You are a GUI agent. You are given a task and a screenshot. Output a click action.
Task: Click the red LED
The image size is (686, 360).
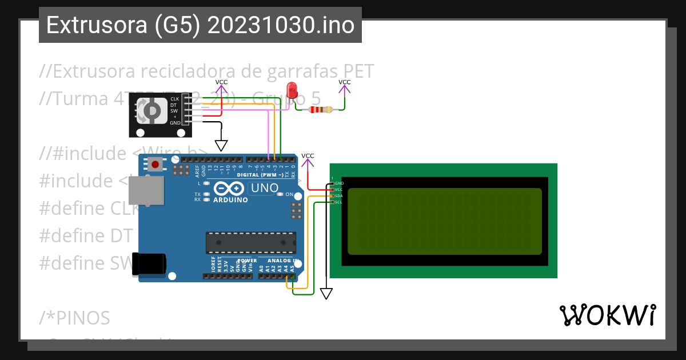(x=292, y=90)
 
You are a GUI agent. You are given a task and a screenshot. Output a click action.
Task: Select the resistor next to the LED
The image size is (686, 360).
(x=321, y=110)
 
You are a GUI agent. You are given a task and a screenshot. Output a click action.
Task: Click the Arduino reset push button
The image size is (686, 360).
(x=155, y=166)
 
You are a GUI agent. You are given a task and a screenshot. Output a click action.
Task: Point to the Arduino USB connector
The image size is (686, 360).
(x=145, y=190)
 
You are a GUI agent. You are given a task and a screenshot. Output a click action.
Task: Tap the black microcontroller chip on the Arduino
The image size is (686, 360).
(x=251, y=242)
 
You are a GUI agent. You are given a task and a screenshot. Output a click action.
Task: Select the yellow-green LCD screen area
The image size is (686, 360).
(x=444, y=221)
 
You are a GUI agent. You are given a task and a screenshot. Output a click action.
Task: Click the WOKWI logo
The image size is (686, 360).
(x=607, y=315)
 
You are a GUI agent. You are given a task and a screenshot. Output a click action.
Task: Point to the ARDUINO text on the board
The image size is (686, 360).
(x=230, y=200)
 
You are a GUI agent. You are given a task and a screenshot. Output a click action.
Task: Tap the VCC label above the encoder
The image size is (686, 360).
(x=221, y=82)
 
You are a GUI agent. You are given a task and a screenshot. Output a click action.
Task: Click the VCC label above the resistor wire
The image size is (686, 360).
(x=345, y=82)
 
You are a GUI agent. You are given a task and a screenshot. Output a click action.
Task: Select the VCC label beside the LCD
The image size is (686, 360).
(x=308, y=156)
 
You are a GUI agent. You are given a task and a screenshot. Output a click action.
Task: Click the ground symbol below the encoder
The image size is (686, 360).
(x=221, y=145)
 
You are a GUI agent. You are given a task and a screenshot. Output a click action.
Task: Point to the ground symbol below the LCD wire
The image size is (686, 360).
(x=326, y=294)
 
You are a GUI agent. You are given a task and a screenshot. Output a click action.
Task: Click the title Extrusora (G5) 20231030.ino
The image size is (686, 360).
(x=200, y=26)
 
